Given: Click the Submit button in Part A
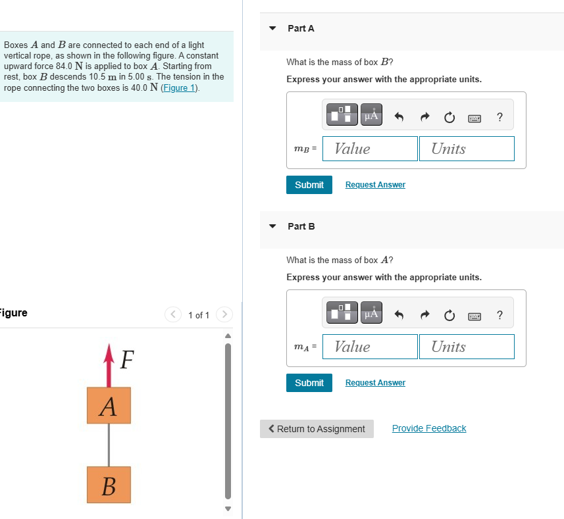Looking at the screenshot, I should pos(309,185).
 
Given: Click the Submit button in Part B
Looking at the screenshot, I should pos(309,383).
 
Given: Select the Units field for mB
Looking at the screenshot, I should pos(466,149).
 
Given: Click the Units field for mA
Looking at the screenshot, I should pos(466,347).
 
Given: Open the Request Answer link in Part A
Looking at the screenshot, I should pos(375,185).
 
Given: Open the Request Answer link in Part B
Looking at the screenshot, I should pos(375,383).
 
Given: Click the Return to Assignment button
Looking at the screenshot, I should pos(317,429).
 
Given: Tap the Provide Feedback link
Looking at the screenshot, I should pos(429,428).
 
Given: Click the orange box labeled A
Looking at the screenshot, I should pos(109,405).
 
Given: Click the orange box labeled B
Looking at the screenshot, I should pos(109,485).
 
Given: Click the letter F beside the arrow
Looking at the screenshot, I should pos(127,360).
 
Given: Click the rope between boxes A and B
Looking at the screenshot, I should pos(109,445).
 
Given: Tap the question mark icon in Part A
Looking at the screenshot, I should pos(500,117).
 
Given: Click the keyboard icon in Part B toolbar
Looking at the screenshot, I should pos(474,316).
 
